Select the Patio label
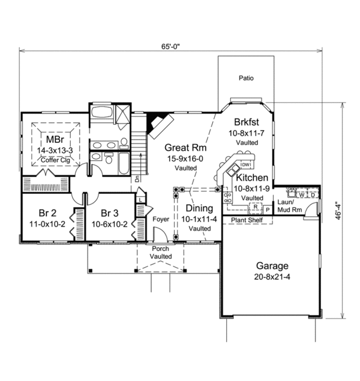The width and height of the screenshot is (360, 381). pyautogui.click(x=246, y=78)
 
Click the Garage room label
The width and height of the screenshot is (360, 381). pyautogui.click(x=272, y=266)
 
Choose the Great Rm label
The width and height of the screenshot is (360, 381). pyautogui.click(x=181, y=147)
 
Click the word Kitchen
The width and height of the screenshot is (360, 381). pyautogui.click(x=252, y=178)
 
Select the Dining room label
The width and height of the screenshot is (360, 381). pyautogui.click(x=198, y=208)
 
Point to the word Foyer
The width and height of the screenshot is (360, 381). pyautogui.click(x=160, y=220)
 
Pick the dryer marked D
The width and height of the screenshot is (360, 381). pyautogui.click(x=313, y=194)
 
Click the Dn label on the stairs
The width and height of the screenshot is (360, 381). pyautogui.click(x=138, y=179)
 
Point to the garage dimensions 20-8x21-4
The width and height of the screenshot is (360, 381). pyautogui.click(x=272, y=277)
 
